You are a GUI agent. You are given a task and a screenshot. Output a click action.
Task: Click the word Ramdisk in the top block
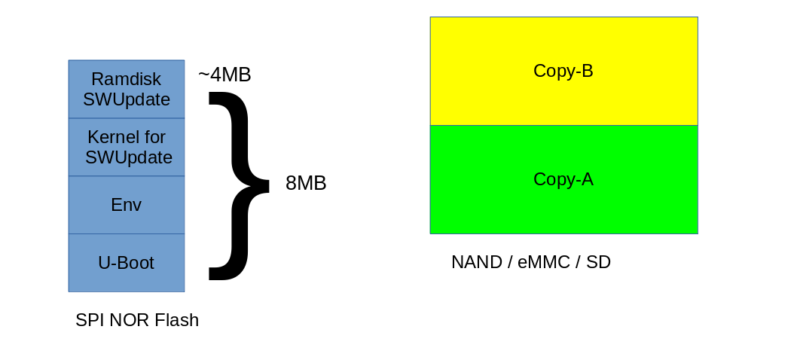click(126, 79)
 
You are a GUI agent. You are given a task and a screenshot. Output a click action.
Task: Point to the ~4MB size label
click(224, 75)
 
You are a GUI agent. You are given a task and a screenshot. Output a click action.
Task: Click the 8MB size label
click(306, 183)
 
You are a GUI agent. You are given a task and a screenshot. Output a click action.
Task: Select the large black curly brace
click(235, 185)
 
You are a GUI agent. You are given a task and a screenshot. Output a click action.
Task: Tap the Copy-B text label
click(563, 71)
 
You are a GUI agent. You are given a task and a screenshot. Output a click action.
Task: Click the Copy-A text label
click(563, 179)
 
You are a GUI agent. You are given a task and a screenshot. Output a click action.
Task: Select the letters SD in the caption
click(598, 262)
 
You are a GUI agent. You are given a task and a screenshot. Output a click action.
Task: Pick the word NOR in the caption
click(130, 320)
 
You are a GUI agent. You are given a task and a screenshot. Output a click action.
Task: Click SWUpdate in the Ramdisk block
click(127, 99)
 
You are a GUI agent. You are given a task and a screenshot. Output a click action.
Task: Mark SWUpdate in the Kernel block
click(129, 157)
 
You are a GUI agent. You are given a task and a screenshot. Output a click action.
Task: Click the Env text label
click(126, 205)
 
